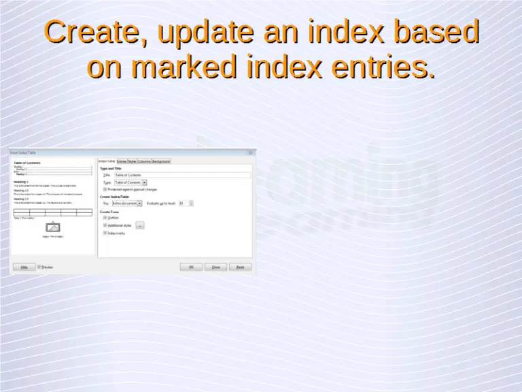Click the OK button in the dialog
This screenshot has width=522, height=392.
point(191,267)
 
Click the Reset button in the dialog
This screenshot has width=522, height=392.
point(240,267)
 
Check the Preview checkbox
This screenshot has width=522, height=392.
point(39,267)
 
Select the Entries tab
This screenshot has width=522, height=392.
point(122,161)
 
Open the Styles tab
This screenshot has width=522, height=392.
point(132,161)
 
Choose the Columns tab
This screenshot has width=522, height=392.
point(144,161)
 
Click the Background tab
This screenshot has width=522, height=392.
point(161,161)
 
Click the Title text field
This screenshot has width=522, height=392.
point(181,175)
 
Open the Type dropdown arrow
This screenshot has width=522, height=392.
point(144,182)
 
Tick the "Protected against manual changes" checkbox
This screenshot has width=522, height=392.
point(105,189)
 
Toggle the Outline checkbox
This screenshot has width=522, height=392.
point(105,218)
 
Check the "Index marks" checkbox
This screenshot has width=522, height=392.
point(105,233)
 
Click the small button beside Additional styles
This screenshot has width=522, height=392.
point(139,225)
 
